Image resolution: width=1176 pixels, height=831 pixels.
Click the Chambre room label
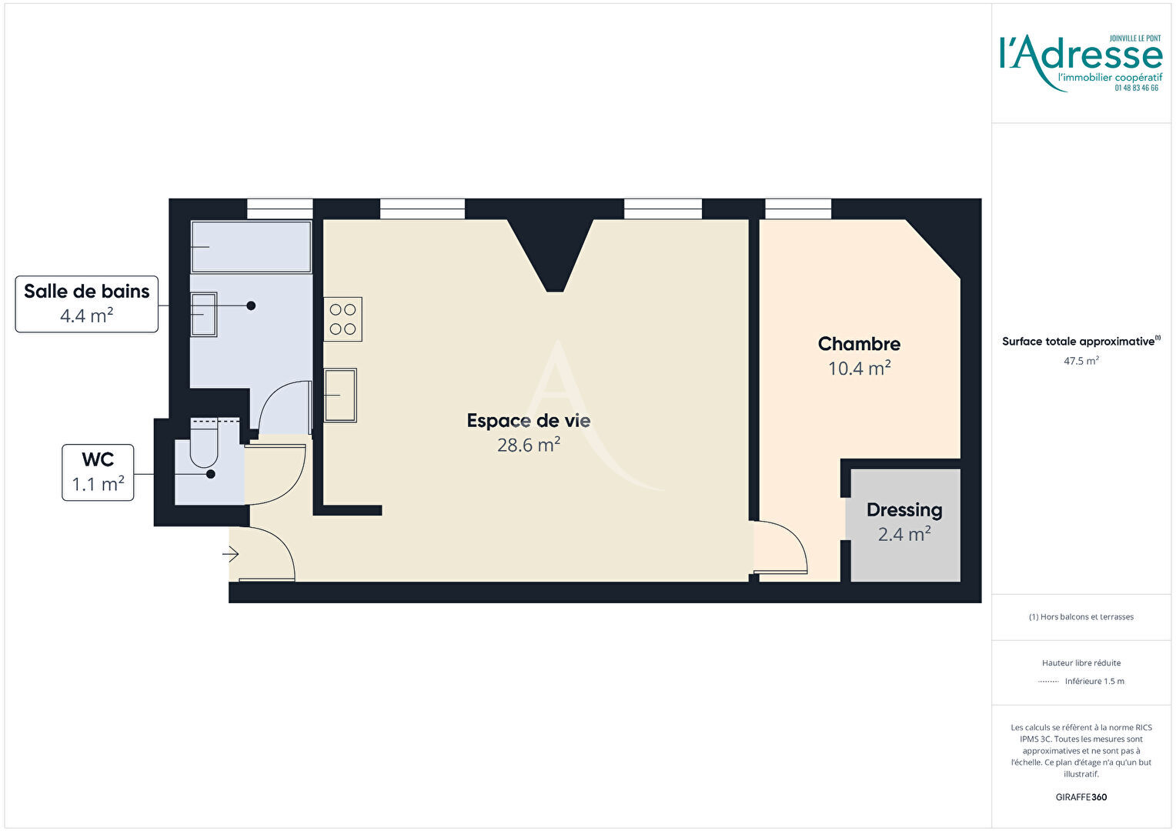click(859, 344)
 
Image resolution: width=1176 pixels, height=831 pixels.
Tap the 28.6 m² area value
click(529, 446)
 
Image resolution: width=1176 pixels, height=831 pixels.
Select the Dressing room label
click(904, 510)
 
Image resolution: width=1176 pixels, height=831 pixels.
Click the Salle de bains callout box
click(87, 304)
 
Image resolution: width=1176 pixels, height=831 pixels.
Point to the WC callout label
click(98, 472)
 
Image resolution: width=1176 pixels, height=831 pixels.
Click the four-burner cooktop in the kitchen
click(342, 319)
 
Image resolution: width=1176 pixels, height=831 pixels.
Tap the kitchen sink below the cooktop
click(340, 395)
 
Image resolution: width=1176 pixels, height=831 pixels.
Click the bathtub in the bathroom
click(252, 247)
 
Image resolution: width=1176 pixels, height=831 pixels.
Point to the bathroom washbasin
click(204, 315)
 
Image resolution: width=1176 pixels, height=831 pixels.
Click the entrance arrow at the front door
click(230, 554)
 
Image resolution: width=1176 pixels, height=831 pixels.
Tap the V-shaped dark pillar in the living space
click(550, 252)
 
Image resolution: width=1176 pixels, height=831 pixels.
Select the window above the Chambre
click(798, 209)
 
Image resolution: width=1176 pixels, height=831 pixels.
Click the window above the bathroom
click(280, 209)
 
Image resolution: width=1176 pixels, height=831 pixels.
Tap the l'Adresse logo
click(1081, 63)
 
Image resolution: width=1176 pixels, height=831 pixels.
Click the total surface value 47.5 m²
click(1081, 361)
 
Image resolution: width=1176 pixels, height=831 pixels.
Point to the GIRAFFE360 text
click(1081, 797)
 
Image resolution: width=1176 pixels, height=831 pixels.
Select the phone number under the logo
click(1137, 88)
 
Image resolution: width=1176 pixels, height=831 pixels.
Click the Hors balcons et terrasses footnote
click(1081, 617)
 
